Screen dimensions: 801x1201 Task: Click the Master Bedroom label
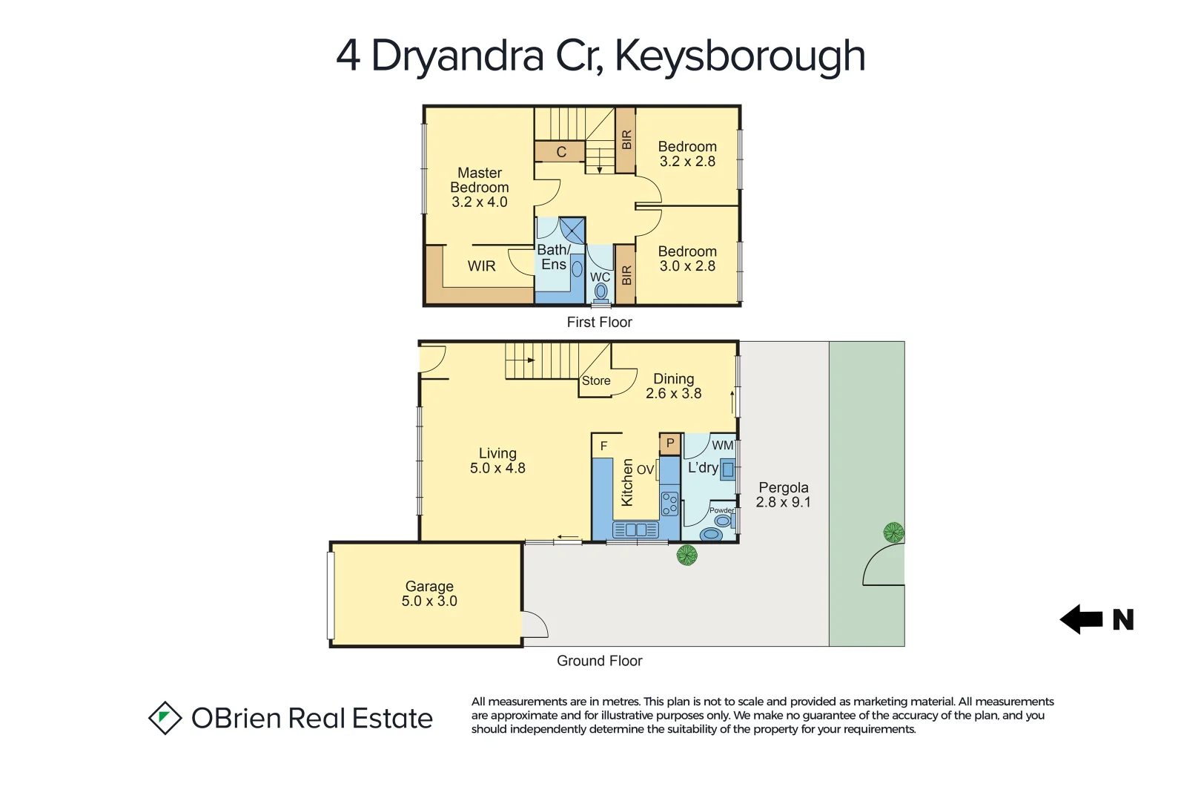(479, 187)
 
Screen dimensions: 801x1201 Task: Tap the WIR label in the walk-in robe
(481, 266)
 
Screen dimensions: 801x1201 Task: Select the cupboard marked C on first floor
(560, 152)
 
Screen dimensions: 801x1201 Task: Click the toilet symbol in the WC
(600, 291)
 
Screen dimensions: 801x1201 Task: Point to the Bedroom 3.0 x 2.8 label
(687, 259)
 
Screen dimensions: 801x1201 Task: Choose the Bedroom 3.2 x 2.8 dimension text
(687, 162)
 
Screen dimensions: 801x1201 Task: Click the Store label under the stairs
(596, 380)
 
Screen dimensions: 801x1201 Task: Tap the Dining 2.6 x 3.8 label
(673, 386)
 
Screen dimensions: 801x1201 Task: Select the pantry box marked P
(670, 444)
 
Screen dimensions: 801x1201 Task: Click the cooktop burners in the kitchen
(669, 504)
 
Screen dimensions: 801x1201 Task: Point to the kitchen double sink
(635, 530)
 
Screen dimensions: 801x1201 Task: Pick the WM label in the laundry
(722, 445)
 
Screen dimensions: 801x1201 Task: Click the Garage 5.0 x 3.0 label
(429, 593)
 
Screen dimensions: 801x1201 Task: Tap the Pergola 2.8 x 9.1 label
(783, 495)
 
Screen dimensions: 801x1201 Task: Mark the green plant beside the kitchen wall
(687, 554)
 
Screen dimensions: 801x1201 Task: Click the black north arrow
(1082, 619)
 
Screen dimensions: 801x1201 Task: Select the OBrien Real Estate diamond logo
(165, 718)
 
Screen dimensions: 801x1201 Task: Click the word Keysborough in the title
(739, 56)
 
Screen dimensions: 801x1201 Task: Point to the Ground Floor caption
(599, 661)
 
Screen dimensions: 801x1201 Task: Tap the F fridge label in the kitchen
(603, 446)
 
